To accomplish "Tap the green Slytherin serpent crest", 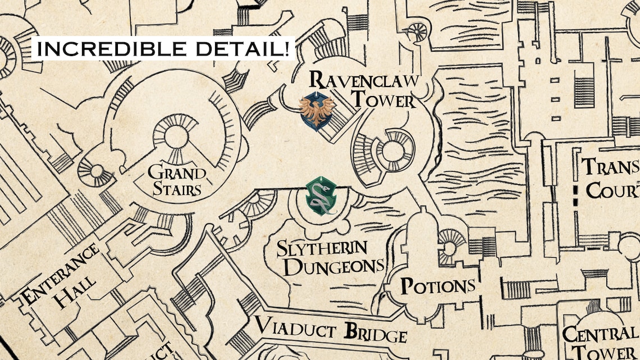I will (321, 197).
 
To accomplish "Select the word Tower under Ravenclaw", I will (382, 102).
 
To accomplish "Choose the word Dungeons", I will (333, 266).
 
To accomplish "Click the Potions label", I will (437, 286).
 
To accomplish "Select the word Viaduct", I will (295, 327).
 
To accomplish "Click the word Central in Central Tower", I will (601, 334).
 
